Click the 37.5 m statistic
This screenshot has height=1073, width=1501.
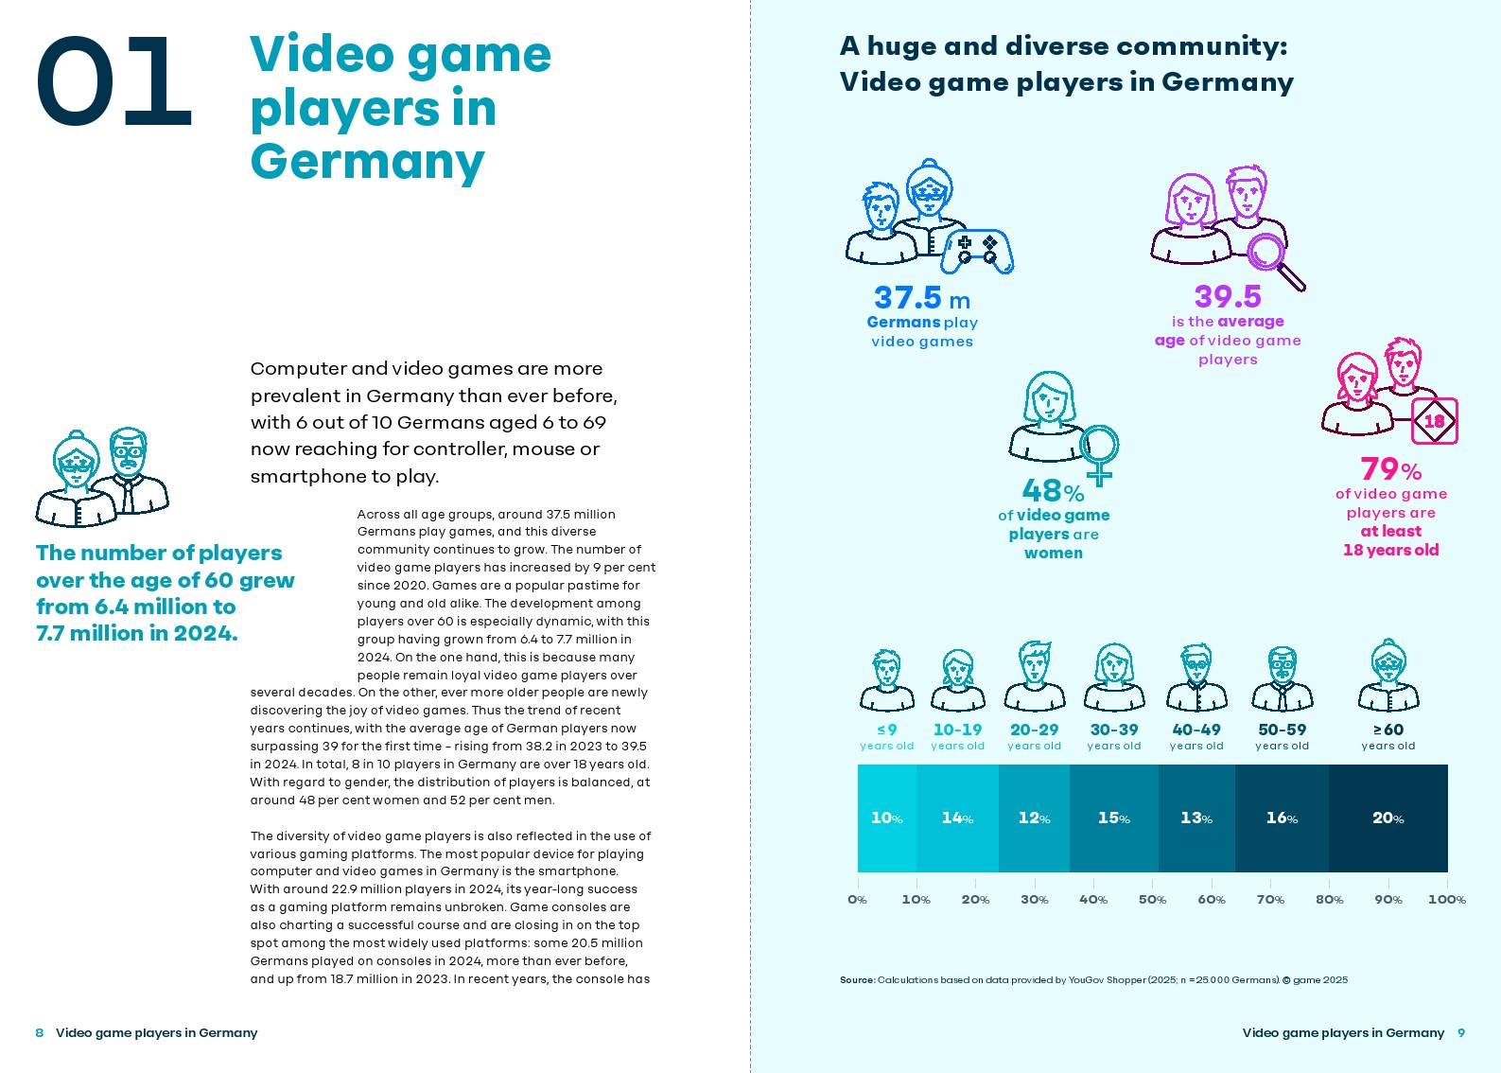pyautogui.click(x=921, y=298)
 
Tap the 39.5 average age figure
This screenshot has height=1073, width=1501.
pyautogui.click(x=1227, y=297)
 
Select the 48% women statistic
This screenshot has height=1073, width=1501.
pyautogui.click(x=1052, y=491)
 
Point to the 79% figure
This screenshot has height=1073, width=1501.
pyautogui.click(x=1390, y=469)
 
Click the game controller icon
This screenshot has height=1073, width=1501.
pyautogui.click(x=979, y=250)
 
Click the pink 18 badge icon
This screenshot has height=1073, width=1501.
pyautogui.click(x=1434, y=421)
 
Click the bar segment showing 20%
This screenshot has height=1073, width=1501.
pyautogui.click(x=1388, y=818)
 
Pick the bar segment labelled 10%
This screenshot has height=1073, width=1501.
pyautogui.click(x=886, y=818)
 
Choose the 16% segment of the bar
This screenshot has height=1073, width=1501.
pyautogui.click(x=1282, y=818)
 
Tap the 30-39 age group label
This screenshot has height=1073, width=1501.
pyautogui.click(x=1114, y=730)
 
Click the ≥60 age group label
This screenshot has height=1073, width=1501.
pyautogui.click(x=1388, y=730)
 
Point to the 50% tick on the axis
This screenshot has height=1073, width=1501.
pyautogui.click(x=1152, y=899)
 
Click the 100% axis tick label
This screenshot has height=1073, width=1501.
pyautogui.click(x=1446, y=899)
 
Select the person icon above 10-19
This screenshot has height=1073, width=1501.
pyautogui.click(x=957, y=680)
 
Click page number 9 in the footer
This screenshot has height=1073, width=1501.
pyautogui.click(x=1461, y=1032)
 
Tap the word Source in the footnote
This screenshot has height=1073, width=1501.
pyautogui.click(x=857, y=980)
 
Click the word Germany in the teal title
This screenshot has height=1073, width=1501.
pyautogui.click(x=367, y=162)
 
